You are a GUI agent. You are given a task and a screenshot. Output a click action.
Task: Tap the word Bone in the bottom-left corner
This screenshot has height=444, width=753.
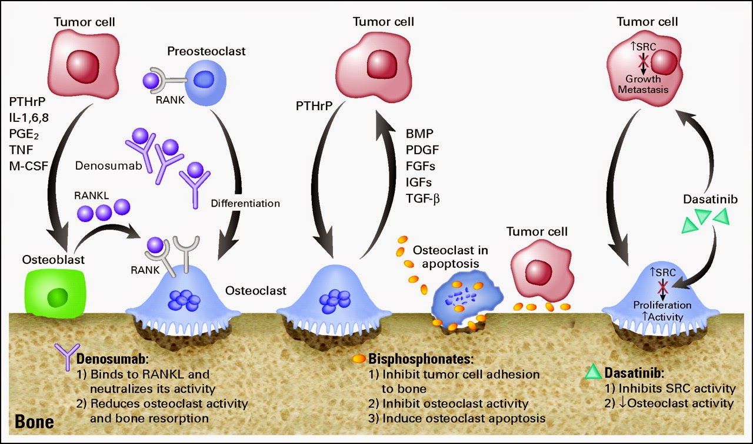pyautogui.click(x=34, y=422)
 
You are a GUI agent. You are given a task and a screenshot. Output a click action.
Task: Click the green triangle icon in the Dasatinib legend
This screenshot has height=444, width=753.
pyautogui.click(x=594, y=372)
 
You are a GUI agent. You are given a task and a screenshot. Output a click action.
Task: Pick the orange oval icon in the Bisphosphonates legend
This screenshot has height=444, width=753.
pyautogui.click(x=358, y=358)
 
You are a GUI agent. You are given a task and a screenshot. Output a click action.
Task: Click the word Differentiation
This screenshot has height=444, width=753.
pyautogui.click(x=245, y=204)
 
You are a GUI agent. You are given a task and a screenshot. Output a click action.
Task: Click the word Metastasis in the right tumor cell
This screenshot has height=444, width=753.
pyautogui.click(x=647, y=90)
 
